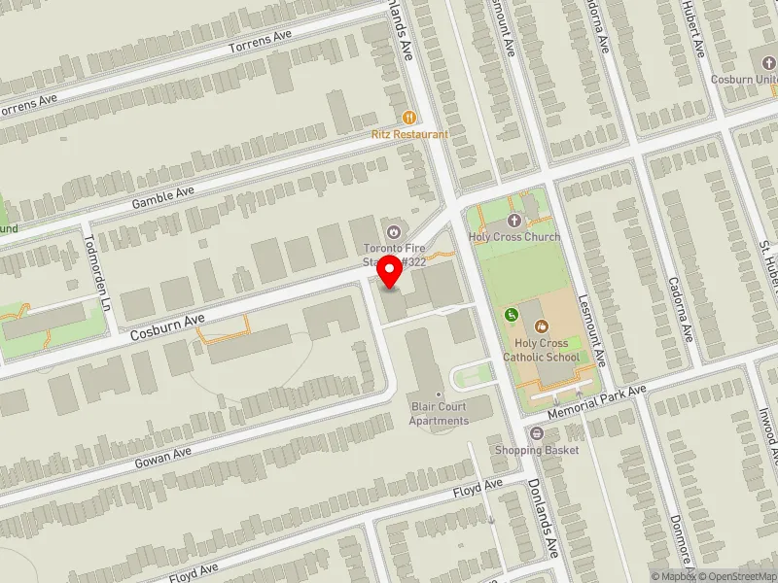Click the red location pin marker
point(390,271)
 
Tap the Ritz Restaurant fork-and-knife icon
point(408,118)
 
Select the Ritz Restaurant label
point(408,134)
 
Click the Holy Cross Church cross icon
point(514,221)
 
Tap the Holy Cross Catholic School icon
point(542,326)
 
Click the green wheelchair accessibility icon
point(512,314)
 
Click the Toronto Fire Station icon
point(394,231)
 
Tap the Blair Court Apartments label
point(438,414)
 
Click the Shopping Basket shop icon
point(536,432)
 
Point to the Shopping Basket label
point(536,450)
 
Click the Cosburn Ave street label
point(167,326)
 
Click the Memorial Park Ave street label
point(596,400)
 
